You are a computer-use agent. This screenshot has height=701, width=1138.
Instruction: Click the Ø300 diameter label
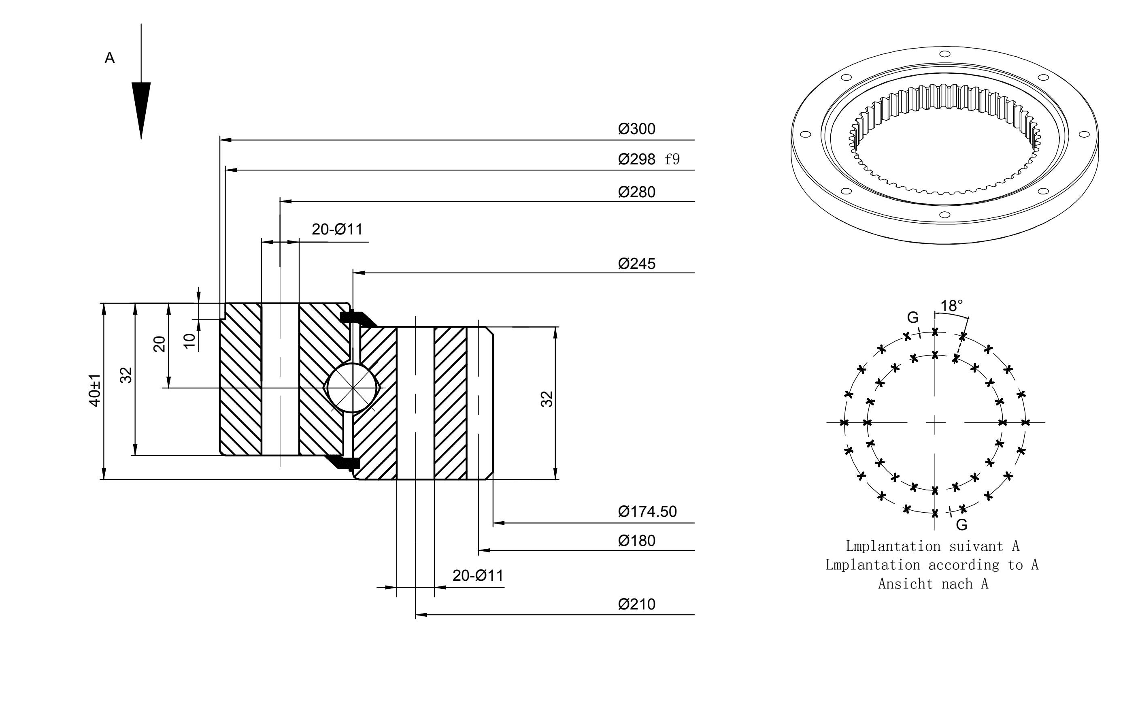click(637, 129)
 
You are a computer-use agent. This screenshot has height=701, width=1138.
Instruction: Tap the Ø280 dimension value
click(637, 192)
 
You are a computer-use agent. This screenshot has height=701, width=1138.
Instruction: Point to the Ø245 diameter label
click(637, 264)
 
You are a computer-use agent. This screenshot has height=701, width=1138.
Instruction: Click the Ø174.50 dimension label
click(647, 511)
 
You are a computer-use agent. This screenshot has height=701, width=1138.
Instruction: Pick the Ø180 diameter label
click(637, 541)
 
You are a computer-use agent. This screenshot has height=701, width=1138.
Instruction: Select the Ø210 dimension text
click(637, 605)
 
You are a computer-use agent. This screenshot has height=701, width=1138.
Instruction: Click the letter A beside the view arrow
click(110, 58)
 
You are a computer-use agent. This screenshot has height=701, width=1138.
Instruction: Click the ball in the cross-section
click(353, 388)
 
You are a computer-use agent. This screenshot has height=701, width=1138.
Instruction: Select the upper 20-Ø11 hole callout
click(337, 230)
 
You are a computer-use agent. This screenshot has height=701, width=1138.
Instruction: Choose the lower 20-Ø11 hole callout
click(478, 575)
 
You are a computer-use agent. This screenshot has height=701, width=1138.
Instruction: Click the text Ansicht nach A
click(933, 584)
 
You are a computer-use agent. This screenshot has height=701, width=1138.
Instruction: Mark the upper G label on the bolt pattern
click(913, 317)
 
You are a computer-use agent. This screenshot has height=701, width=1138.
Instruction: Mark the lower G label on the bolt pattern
click(961, 525)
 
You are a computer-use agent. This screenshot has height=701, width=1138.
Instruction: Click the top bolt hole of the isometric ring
click(945, 54)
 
